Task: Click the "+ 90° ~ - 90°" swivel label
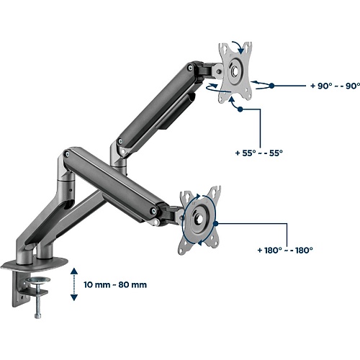(x=335, y=86)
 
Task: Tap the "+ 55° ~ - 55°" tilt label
(x=259, y=153)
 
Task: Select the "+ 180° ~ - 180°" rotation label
(x=285, y=251)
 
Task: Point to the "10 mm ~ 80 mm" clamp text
(x=115, y=284)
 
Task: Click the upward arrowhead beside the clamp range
(x=74, y=271)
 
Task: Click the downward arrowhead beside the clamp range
(x=74, y=297)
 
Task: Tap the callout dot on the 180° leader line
(x=215, y=224)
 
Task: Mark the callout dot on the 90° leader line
(x=271, y=86)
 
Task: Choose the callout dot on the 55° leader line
(x=240, y=109)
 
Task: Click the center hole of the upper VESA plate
(x=235, y=71)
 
